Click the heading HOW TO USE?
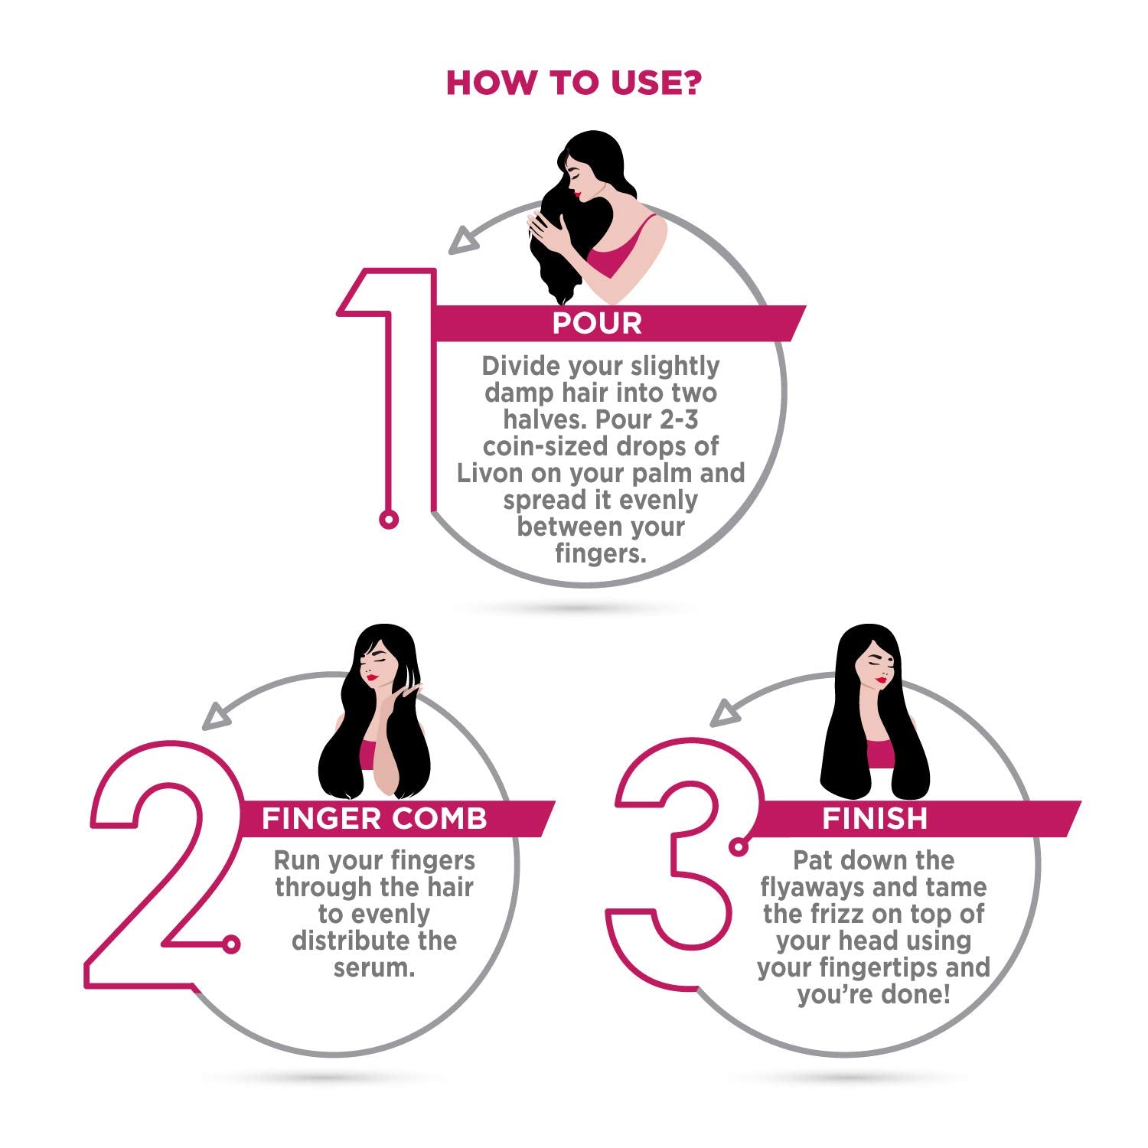[573, 83]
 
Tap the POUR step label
[597, 324]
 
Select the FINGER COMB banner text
[374, 819]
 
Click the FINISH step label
[875, 819]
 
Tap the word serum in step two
[373, 967]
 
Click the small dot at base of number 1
[389, 520]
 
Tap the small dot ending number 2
[231, 944]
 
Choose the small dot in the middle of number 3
[739, 846]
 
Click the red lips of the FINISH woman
[881, 680]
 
